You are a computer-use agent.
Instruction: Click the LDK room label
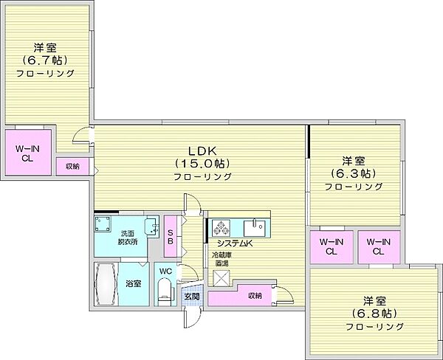[202, 151]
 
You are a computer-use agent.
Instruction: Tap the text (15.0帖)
[202, 164]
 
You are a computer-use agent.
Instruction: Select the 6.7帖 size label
[45, 60]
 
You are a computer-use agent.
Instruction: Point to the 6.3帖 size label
[354, 173]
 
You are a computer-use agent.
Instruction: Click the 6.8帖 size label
[374, 313]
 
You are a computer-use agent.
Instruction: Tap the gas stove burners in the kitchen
[221, 227]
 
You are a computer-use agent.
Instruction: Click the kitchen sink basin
[254, 228]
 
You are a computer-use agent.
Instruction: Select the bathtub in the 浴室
[106, 284]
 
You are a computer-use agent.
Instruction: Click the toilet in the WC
[165, 291]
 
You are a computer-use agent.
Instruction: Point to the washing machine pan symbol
[103, 224]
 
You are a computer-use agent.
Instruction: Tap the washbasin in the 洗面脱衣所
[151, 226]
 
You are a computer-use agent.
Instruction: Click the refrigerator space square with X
[221, 278]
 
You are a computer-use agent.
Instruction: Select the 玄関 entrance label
[192, 297]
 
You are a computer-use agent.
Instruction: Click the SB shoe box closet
[171, 236]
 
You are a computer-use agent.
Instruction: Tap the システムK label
[234, 243]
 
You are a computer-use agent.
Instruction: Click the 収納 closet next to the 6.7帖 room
[72, 167]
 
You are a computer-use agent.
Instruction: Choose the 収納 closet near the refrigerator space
[240, 295]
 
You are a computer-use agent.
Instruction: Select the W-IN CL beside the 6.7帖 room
[28, 153]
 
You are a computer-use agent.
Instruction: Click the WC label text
[165, 271]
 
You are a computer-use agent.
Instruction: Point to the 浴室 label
[134, 283]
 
